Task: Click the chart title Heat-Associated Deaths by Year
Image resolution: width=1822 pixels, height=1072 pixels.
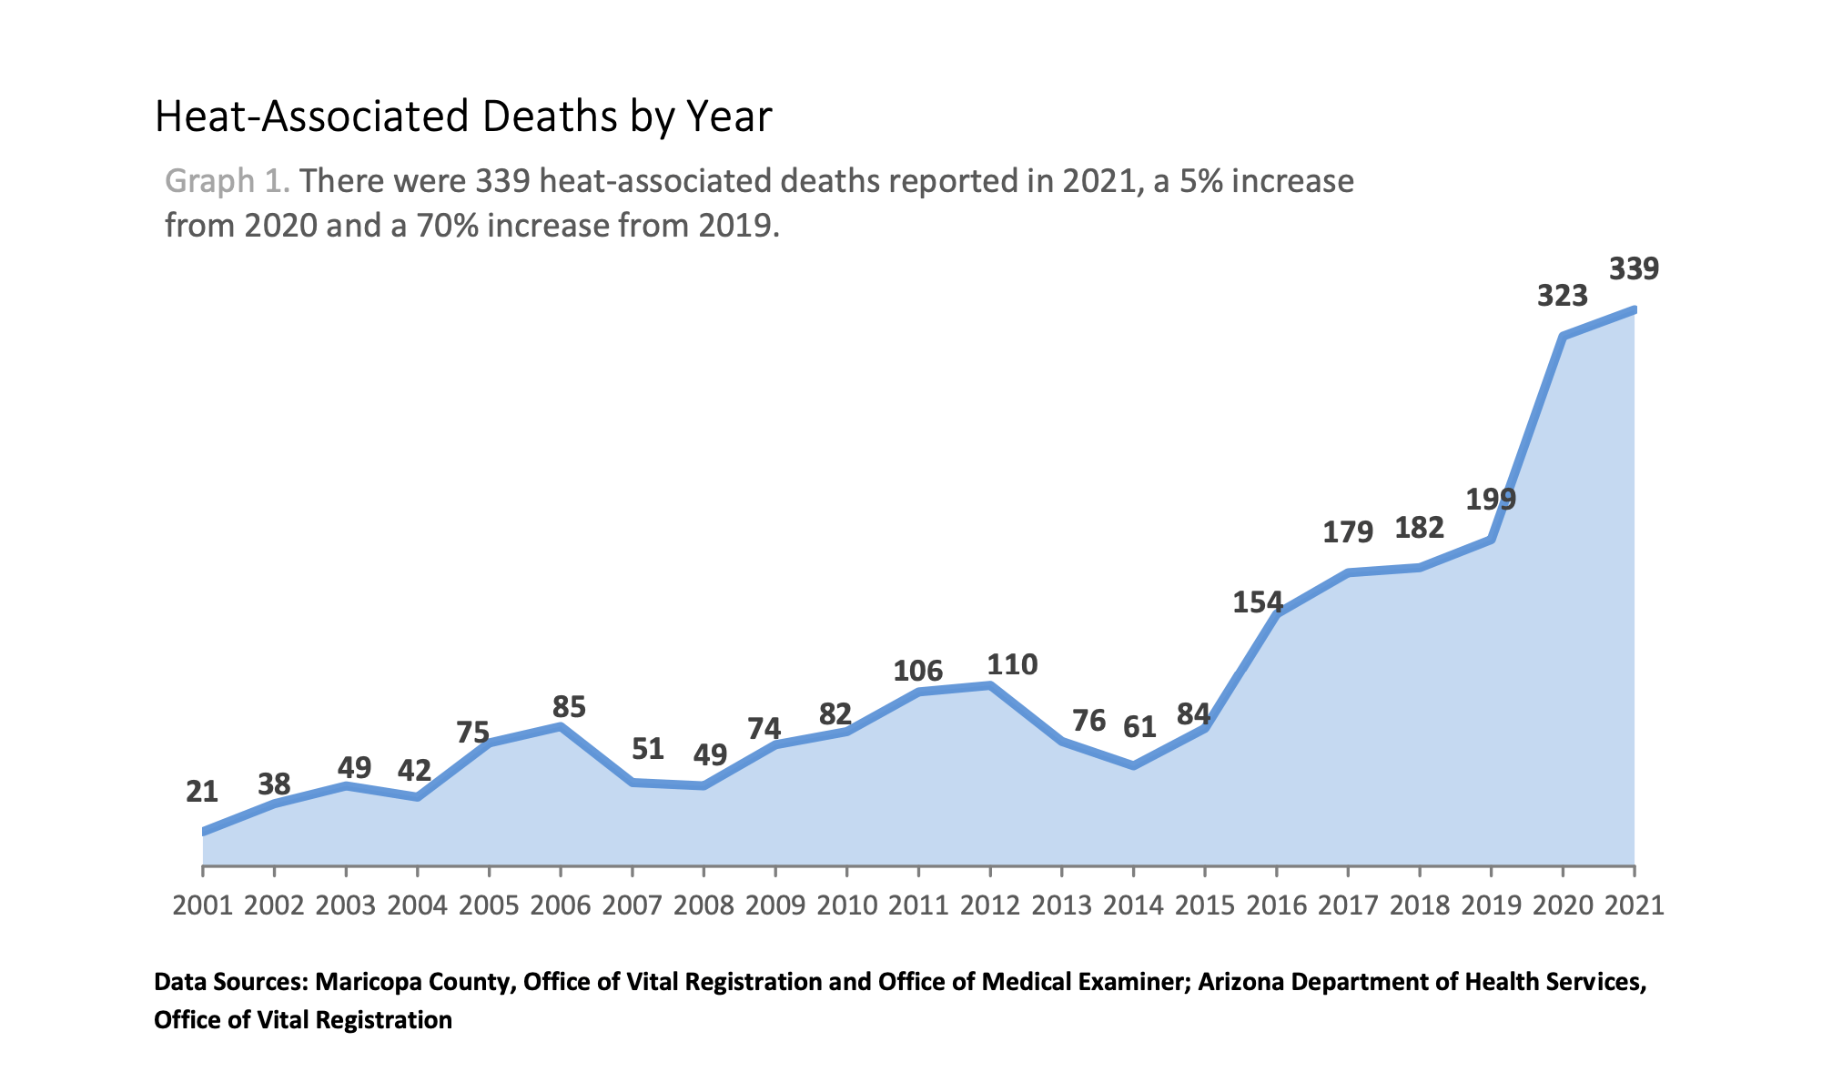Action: pos(463,117)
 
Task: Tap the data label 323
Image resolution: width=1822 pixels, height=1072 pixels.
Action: pos(1562,297)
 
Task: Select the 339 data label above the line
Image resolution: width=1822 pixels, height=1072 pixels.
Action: pos(1634,269)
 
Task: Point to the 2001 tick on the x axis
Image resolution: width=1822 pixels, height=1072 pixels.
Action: pos(203,905)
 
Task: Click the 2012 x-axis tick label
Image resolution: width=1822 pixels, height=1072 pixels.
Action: pos(990,905)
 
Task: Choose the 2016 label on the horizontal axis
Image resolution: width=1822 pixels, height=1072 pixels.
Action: pos(1277,905)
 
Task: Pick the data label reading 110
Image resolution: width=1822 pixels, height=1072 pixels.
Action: pos(1012,665)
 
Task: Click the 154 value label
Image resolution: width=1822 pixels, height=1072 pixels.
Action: pos(1258,602)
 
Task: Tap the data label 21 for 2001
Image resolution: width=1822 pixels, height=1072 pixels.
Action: pos(202,793)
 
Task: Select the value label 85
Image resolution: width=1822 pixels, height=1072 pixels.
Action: pos(570,707)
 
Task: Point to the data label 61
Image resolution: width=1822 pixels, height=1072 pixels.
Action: pos(1139,727)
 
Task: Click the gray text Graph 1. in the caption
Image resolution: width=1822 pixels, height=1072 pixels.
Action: pos(228,182)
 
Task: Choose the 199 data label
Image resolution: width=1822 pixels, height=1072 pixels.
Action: pos(1491,500)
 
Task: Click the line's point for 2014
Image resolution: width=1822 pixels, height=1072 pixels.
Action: pos(1133,765)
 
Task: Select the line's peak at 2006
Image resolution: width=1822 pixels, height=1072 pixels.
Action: pos(561,726)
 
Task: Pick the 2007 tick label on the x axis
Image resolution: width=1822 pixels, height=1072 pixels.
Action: pos(633,905)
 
